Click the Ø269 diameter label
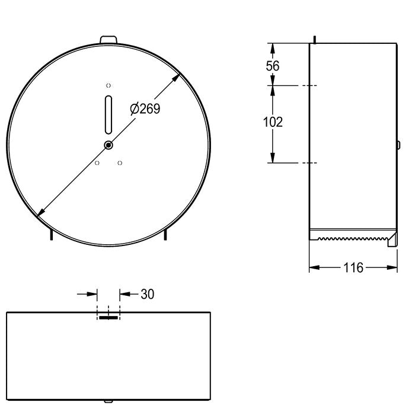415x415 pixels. pos(145,108)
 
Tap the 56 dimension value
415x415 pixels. pos(272,66)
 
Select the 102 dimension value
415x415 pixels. pos(273,122)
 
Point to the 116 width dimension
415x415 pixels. pos(353,267)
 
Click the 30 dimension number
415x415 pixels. pos(147,294)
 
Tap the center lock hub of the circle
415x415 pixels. pos(108,145)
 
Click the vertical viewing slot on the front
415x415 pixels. pos(108,114)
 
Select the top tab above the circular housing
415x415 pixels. pos(108,40)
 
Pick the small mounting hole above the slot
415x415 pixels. pos(108,85)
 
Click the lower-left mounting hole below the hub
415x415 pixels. pos(97,163)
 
